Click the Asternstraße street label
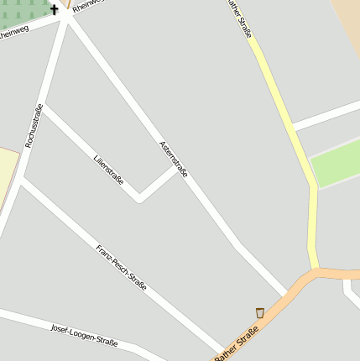coord(174,160)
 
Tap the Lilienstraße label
coord(109,165)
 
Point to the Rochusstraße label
coord(34,126)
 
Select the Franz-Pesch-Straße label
coord(122,269)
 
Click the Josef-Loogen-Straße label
coord(84,334)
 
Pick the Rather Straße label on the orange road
coord(236,345)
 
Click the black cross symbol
coord(55,10)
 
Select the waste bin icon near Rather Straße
coord(260,312)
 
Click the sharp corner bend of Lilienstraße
coord(139,201)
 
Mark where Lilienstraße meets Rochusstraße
coord(44,107)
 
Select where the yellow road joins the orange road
coord(316,271)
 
